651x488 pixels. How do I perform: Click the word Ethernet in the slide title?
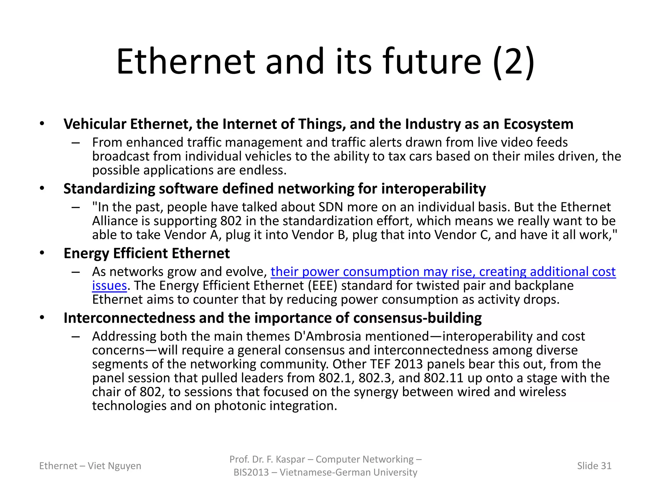[x=186, y=62]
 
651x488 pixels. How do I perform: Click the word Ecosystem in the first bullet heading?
[x=538, y=124]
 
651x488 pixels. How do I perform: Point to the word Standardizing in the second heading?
[x=109, y=189]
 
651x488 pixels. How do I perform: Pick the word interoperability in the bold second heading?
[x=433, y=189]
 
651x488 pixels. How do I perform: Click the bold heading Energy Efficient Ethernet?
[x=147, y=254]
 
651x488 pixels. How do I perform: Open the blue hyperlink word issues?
[x=109, y=286]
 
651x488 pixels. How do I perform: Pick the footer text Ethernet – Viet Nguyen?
[x=90, y=466]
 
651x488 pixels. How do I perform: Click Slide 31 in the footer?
[x=594, y=466]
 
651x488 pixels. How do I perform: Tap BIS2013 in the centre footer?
[x=251, y=472]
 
